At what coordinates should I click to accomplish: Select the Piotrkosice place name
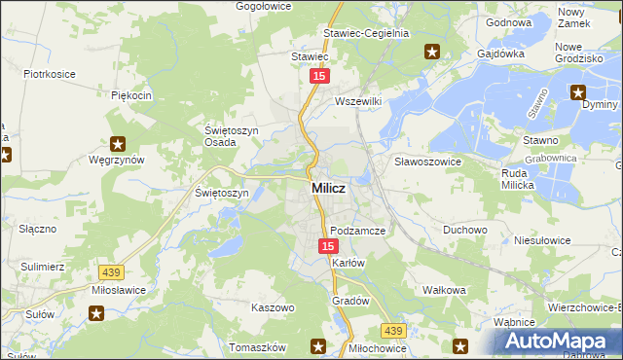[51, 73]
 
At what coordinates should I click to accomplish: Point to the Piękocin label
[131, 95]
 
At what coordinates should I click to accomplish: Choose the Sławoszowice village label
[426, 161]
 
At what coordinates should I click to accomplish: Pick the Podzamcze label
[358, 231]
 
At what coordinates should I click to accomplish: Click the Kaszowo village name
[273, 306]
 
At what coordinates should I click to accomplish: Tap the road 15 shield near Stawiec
[317, 75]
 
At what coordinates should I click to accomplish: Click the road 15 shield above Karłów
[328, 247]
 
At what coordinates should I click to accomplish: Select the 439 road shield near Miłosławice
[109, 275]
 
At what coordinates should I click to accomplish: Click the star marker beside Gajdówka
[432, 52]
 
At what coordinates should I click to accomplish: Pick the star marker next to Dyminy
[578, 93]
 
